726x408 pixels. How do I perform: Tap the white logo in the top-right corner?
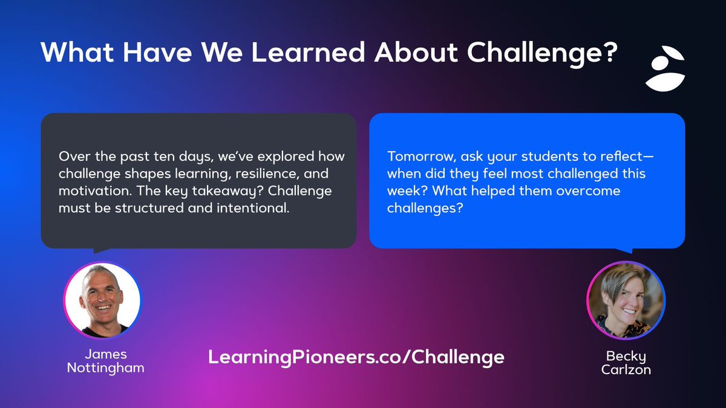[664, 69]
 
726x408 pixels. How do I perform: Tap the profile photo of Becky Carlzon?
[626, 300]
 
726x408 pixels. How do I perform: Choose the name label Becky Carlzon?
[626, 363]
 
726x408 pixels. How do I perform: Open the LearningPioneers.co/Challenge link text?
[356, 357]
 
